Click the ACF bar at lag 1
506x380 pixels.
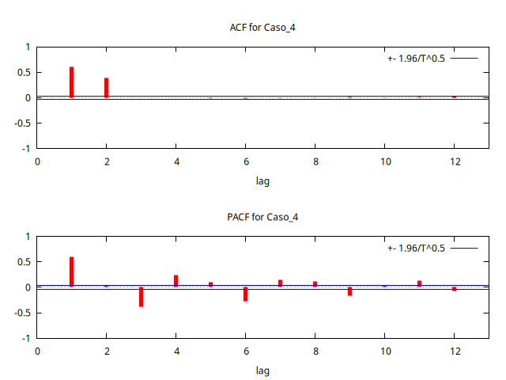[72, 82]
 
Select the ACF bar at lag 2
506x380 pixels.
[106, 88]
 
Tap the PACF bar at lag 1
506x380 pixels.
[72, 272]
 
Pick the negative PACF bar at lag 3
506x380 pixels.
[141, 297]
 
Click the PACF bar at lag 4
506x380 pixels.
[176, 281]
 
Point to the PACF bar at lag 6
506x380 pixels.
[245, 294]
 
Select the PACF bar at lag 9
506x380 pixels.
[349, 291]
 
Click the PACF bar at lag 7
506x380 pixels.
[280, 283]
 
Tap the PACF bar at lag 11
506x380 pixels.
[419, 283]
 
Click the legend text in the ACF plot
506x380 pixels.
[416, 58]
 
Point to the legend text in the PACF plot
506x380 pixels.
[416, 248]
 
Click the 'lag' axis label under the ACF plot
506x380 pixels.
[262, 180]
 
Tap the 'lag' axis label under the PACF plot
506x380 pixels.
[262, 370]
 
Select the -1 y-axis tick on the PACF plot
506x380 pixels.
[26, 338]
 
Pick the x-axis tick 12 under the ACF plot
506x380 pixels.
[454, 161]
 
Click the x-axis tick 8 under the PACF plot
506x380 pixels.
[315, 351]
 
